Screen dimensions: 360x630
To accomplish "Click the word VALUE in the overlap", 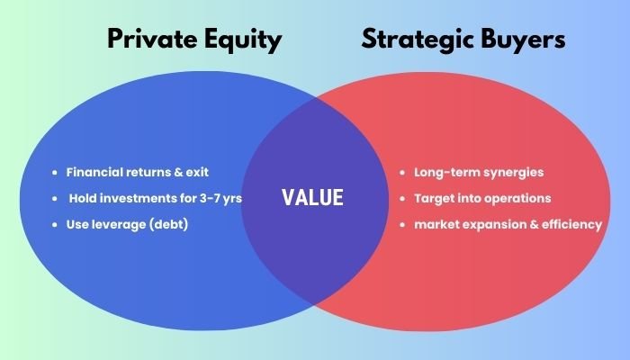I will click(x=312, y=198).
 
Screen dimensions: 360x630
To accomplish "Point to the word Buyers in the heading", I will click(x=524, y=40).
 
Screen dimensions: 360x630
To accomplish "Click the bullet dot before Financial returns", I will click(x=56, y=172).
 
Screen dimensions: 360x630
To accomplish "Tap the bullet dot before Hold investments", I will click(x=56, y=198).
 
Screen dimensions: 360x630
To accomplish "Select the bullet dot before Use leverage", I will click(x=56, y=224).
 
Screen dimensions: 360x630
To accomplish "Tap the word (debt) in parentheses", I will click(x=168, y=224).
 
